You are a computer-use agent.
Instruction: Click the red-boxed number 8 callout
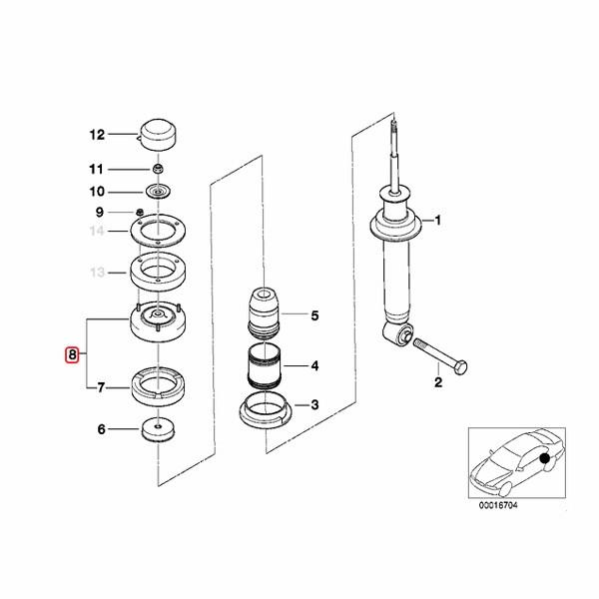72,354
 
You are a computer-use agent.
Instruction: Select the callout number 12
97,135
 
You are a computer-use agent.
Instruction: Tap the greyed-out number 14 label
97,231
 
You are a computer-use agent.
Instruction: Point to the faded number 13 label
97,273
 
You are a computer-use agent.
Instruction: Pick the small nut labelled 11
158,168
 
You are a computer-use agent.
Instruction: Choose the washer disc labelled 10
158,191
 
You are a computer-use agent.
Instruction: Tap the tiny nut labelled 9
140,212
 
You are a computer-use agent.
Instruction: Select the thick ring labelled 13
158,272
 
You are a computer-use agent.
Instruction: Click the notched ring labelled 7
158,386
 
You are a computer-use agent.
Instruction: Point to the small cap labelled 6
158,429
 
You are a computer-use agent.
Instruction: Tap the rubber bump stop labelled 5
264,312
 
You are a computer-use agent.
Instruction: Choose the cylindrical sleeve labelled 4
264,366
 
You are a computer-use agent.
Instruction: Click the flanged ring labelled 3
266,410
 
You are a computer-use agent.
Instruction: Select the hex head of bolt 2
459,367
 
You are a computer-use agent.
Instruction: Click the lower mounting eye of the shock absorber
398,333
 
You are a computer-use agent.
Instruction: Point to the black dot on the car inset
545,457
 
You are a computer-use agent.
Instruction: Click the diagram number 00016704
498,505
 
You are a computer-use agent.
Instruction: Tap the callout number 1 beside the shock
438,221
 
